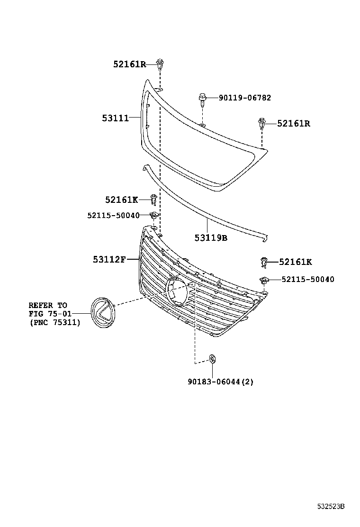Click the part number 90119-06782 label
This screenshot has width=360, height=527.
click(245, 98)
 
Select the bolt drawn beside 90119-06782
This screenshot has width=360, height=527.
click(202, 100)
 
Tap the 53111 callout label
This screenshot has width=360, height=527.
click(115, 118)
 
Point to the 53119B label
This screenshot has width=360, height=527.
click(211, 238)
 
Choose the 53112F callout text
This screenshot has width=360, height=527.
click(109, 259)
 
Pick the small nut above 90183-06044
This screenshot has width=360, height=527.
click(212, 359)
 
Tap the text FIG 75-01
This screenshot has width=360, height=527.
click(48, 313)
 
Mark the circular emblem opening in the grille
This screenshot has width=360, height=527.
click(177, 290)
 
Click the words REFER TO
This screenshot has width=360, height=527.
click(48, 305)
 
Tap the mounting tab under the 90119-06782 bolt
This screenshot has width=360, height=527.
click(202, 125)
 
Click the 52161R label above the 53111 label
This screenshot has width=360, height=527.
click(129, 64)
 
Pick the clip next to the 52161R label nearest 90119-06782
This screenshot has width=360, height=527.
click(262, 124)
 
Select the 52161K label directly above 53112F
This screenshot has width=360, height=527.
click(121, 200)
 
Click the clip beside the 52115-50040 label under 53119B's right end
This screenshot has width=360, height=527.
click(264, 279)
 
